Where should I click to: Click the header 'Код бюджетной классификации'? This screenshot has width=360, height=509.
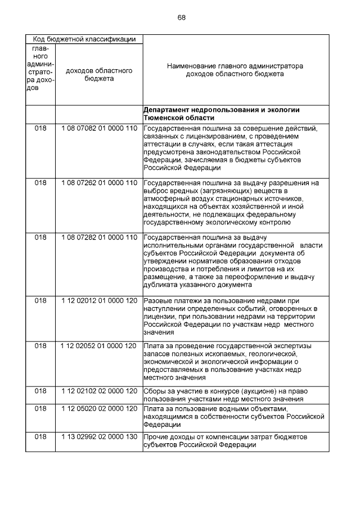pos(84,39)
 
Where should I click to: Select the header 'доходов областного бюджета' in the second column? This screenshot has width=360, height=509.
pos(98,74)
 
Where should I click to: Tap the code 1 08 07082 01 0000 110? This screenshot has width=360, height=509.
pos(99,128)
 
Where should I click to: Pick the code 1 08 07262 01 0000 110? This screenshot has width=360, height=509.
pos(99,183)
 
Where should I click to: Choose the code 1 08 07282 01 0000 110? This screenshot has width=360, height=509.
pos(99,237)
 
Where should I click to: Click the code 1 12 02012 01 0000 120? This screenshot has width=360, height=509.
pos(99,301)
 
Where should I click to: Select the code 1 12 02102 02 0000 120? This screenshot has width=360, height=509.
pos(99,391)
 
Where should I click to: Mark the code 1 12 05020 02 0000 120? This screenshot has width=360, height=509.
pos(99,408)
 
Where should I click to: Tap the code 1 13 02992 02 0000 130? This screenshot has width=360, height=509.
pos(99,437)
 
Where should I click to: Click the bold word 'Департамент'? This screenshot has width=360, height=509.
pos(166,110)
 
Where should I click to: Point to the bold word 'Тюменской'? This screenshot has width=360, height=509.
pos(163,118)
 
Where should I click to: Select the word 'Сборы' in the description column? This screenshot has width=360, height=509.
pos(155,391)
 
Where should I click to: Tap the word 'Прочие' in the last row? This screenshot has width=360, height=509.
pos(157,437)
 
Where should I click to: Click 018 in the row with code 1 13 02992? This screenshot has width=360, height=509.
pos(40,437)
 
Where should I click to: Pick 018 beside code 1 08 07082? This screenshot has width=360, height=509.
pos(40,128)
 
